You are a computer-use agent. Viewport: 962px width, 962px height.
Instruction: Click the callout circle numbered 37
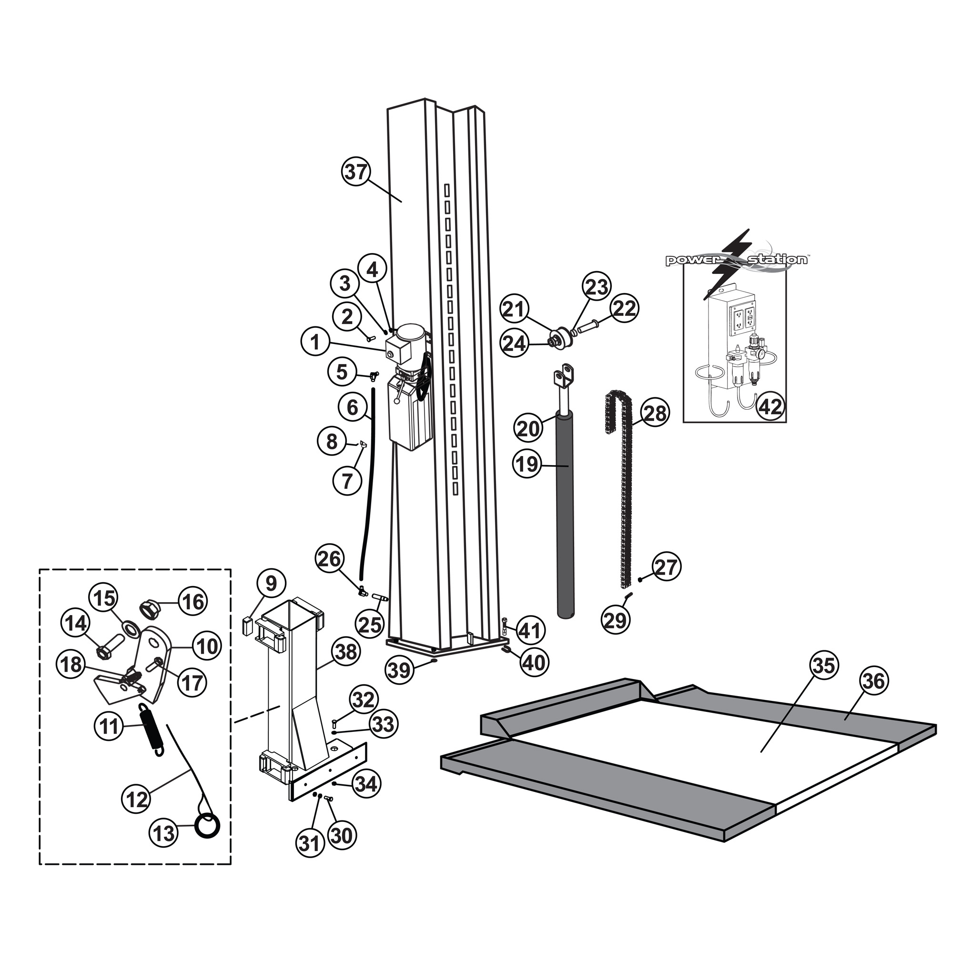356,172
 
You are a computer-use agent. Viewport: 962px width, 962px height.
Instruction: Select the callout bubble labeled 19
527,465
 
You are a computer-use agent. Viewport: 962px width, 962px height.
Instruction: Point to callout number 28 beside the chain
654,413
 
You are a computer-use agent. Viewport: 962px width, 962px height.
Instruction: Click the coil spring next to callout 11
151,731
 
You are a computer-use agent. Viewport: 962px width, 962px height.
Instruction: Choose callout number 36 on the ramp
873,681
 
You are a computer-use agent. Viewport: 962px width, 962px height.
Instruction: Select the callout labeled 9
271,583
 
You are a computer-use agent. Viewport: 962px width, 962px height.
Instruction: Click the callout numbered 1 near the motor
315,342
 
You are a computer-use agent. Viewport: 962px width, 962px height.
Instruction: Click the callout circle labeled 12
136,800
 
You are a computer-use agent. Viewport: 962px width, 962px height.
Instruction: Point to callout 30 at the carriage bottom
341,835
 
